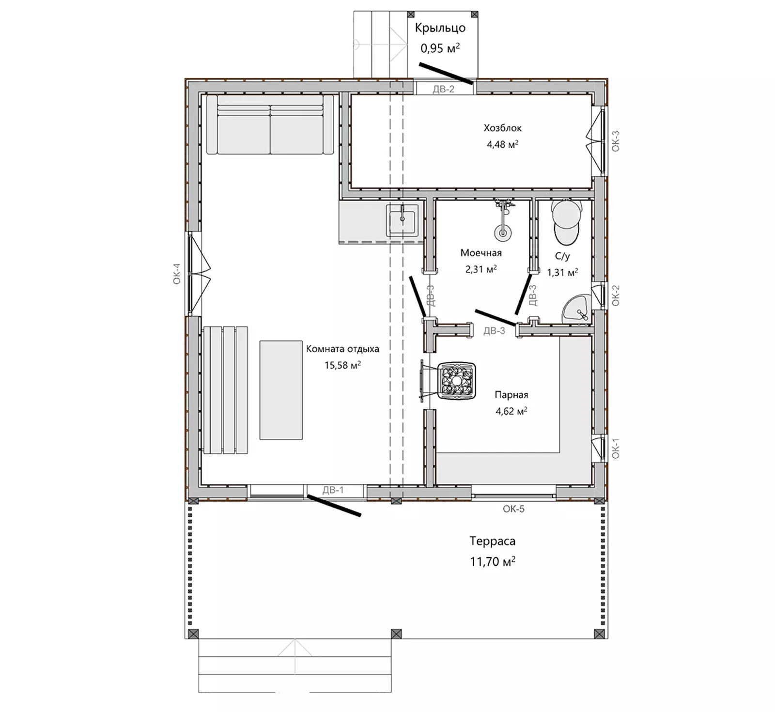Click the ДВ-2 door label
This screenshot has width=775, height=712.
pyautogui.click(x=443, y=89)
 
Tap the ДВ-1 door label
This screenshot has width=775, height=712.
pyautogui.click(x=333, y=490)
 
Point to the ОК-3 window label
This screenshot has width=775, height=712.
pyautogui.click(x=616, y=141)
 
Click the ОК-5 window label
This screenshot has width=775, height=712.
pyautogui.click(x=513, y=509)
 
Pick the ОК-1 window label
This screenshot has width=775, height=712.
pyautogui.click(x=616, y=449)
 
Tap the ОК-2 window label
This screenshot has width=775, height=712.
pyautogui.click(x=616, y=295)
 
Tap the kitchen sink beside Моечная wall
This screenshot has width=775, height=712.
pyautogui.click(x=402, y=220)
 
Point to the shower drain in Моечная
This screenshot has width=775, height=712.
pyautogui.click(x=503, y=232)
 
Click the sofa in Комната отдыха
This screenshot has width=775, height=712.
pyautogui.click(x=270, y=125)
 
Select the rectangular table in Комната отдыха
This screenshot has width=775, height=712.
pyautogui.click(x=281, y=390)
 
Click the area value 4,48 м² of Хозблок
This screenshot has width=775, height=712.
pyautogui.click(x=502, y=144)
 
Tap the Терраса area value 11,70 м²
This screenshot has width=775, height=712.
pyautogui.click(x=492, y=561)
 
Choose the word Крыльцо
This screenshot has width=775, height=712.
pyautogui.click(x=440, y=28)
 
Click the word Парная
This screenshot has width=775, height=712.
pyautogui.click(x=511, y=395)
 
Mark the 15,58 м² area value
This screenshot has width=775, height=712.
pyautogui.click(x=342, y=365)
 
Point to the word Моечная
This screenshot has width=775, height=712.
pyautogui.click(x=481, y=252)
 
